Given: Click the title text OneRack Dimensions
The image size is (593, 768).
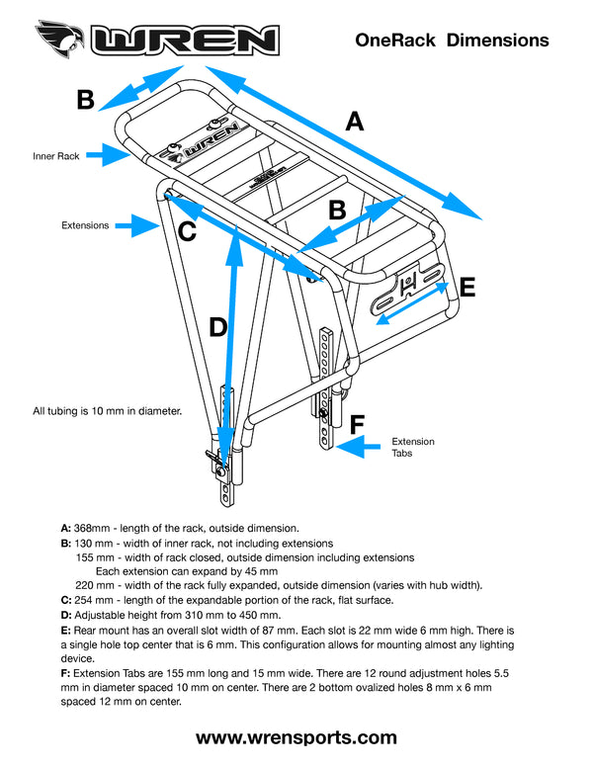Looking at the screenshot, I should [x=451, y=40].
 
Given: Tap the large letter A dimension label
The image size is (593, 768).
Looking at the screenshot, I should [x=355, y=122].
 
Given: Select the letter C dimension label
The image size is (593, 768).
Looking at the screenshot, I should [x=187, y=233].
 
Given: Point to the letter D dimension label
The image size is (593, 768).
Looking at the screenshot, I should [x=219, y=327].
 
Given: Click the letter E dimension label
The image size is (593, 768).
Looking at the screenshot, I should [x=466, y=288].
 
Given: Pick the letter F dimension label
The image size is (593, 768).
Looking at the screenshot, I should [x=358, y=425].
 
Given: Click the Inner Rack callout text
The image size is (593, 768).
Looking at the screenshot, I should [x=55, y=156].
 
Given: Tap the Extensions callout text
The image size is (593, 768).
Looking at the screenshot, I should [x=85, y=225].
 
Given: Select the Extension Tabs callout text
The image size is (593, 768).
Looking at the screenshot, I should [x=413, y=448].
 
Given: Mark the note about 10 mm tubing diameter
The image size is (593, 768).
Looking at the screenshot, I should [x=108, y=409].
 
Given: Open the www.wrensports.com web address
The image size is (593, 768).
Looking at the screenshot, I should [x=296, y=737].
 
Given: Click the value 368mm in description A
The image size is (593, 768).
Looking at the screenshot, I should [x=95, y=529].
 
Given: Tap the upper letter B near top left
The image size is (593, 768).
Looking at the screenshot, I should [x=86, y=100].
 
